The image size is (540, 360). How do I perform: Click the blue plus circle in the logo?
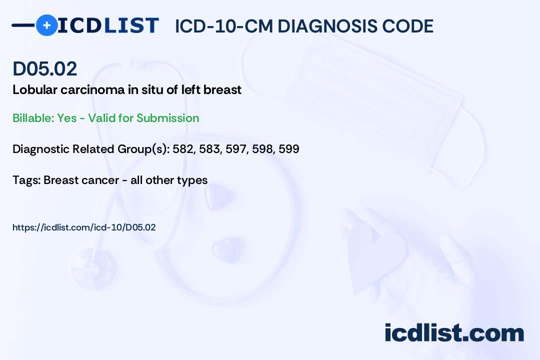tap(46, 25)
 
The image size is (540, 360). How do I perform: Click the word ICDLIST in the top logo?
tap(108, 25)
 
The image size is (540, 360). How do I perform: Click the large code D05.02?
tap(45, 68)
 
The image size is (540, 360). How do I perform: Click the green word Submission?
tap(167, 118)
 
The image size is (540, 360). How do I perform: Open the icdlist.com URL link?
tap(84, 227)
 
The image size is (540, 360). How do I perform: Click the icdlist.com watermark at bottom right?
tap(454, 332)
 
